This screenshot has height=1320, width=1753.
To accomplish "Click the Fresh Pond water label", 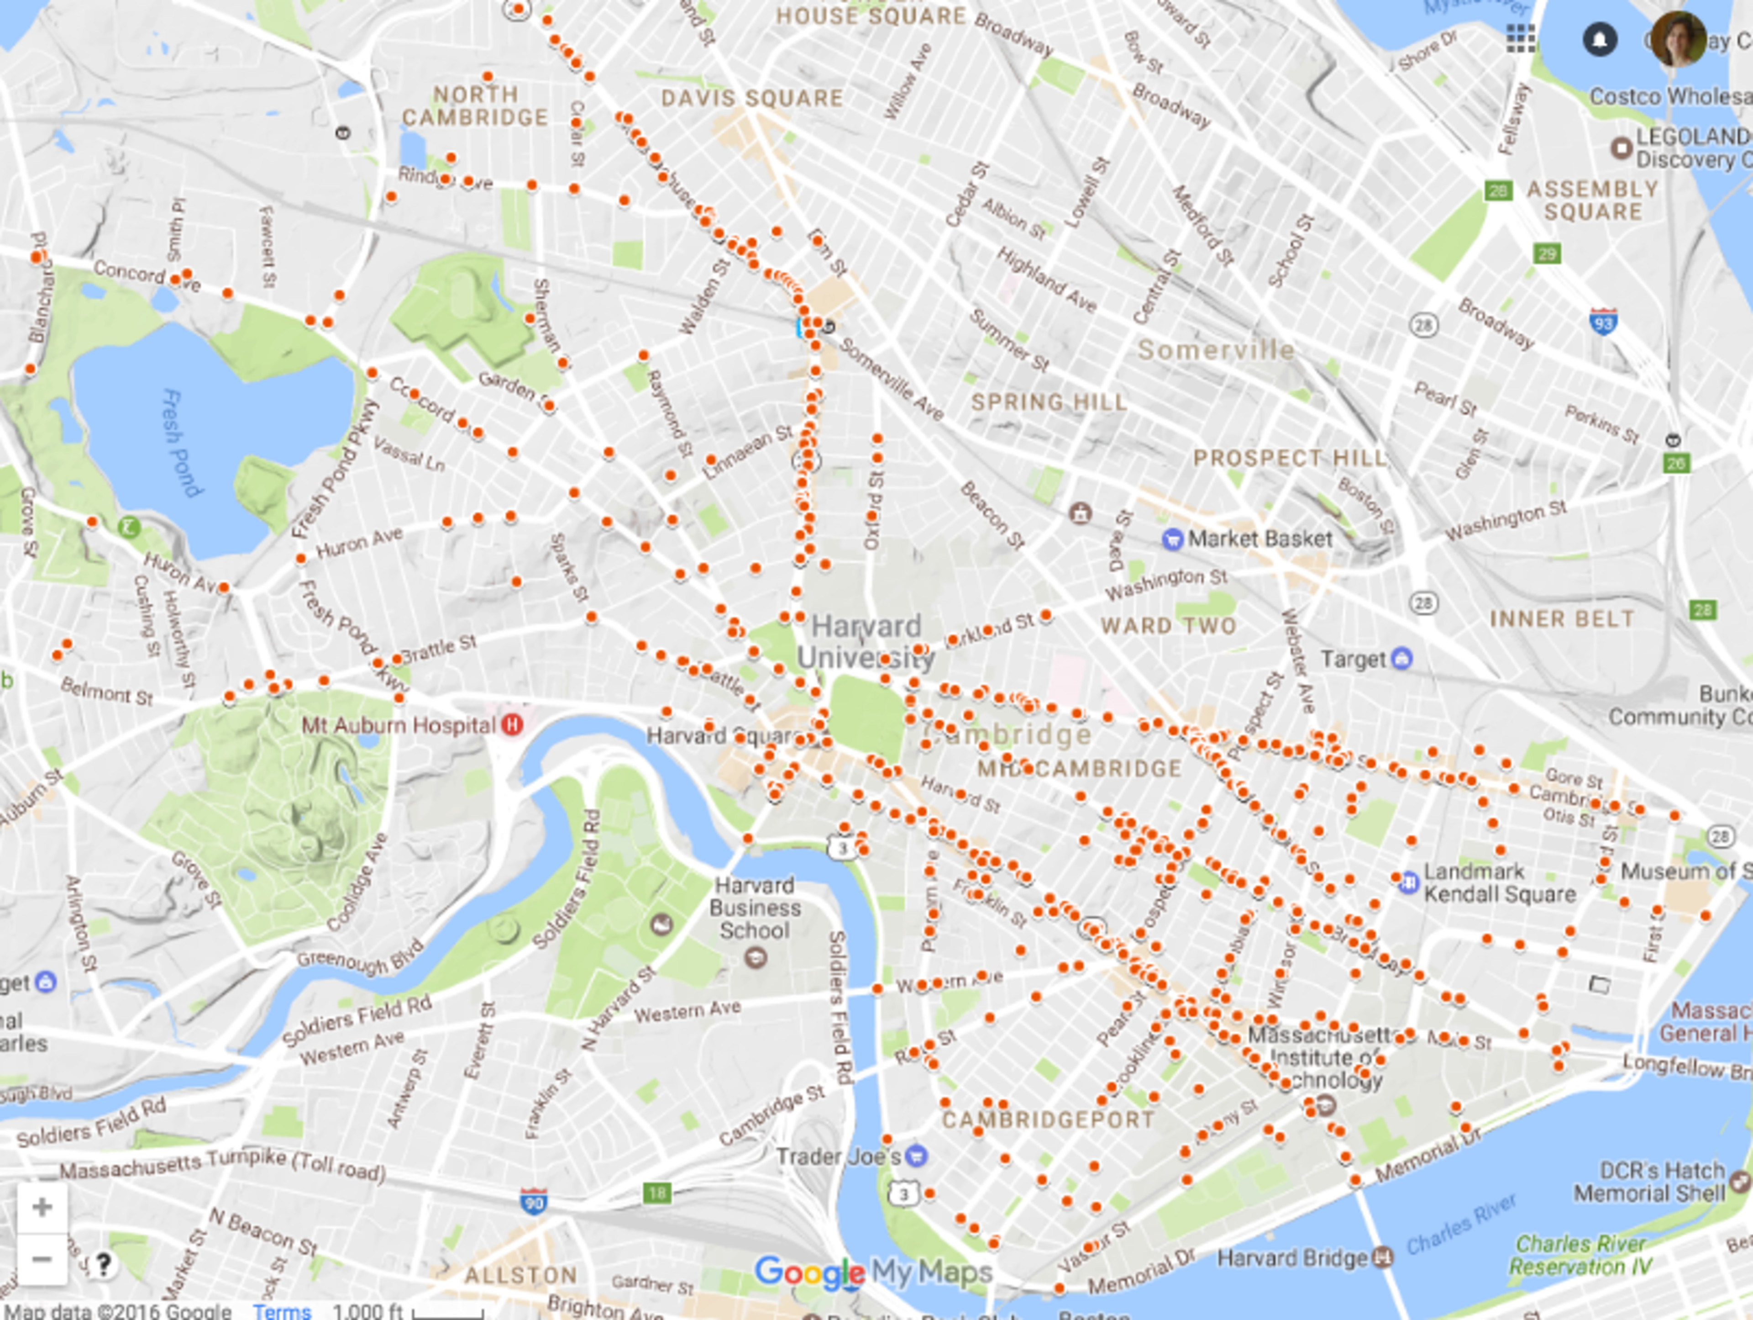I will click(x=182, y=443).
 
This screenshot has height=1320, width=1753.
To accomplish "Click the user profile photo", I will click(x=1678, y=39).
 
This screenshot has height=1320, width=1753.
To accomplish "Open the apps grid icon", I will click(x=1521, y=38).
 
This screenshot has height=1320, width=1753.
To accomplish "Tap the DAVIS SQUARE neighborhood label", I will click(x=752, y=98).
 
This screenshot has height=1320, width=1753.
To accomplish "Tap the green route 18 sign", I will click(x=657, y=1193).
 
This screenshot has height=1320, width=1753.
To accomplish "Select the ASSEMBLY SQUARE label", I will click(x=1593, y=201).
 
